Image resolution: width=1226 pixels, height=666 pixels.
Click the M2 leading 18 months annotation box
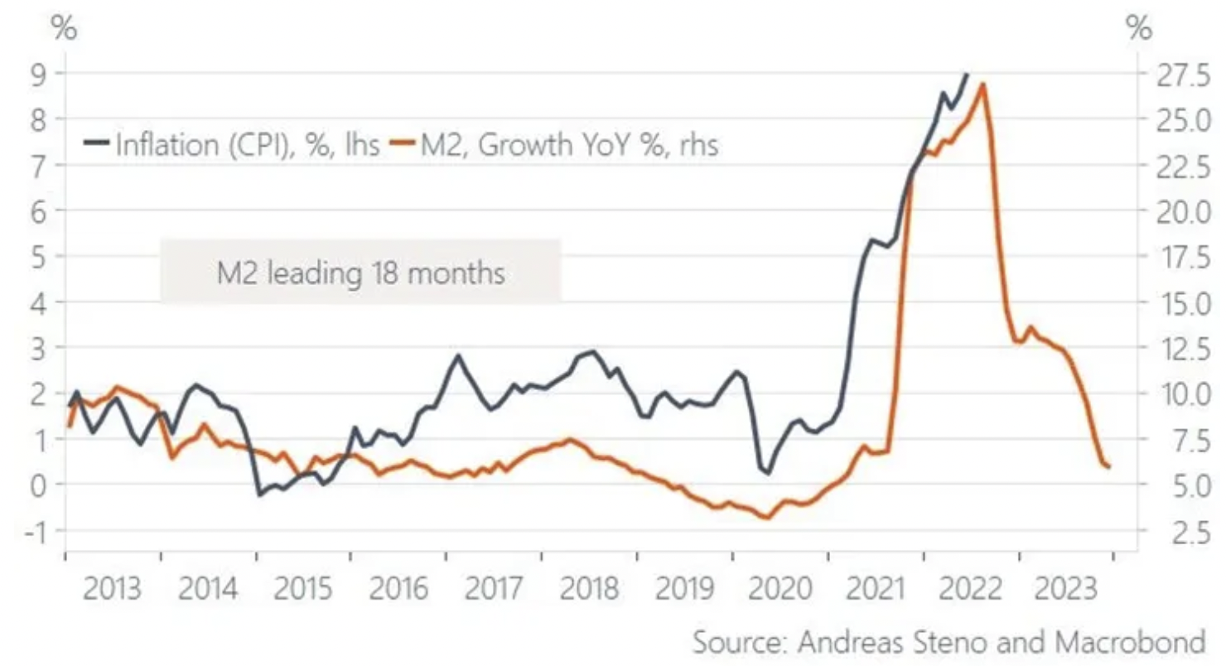(x=360, y=270)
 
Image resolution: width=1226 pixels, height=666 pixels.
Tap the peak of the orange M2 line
(x=982, y=84)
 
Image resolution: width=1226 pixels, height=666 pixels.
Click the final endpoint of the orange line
(x=1108, y=467)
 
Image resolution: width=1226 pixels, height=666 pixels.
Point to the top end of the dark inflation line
(x=966, y=74)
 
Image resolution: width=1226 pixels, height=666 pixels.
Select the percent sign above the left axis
(x=65, y=29)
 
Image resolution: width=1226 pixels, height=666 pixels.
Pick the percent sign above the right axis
(x=1140, y=29)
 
